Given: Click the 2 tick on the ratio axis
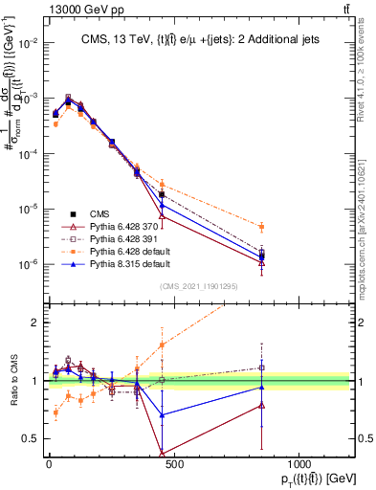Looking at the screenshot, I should coord(33,323).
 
